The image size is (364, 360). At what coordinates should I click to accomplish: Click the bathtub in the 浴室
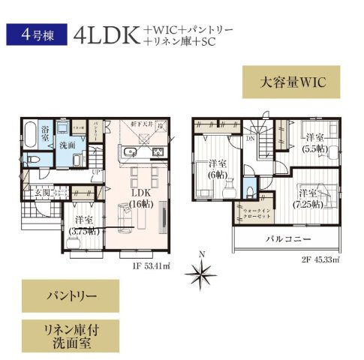pyautogui.click(x=29, y=135)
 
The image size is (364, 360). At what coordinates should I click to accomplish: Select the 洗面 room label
pyautogui.click(x=67, y=145)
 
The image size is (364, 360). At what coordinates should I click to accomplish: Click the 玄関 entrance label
pyautogui.click(x=41, y=194)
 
